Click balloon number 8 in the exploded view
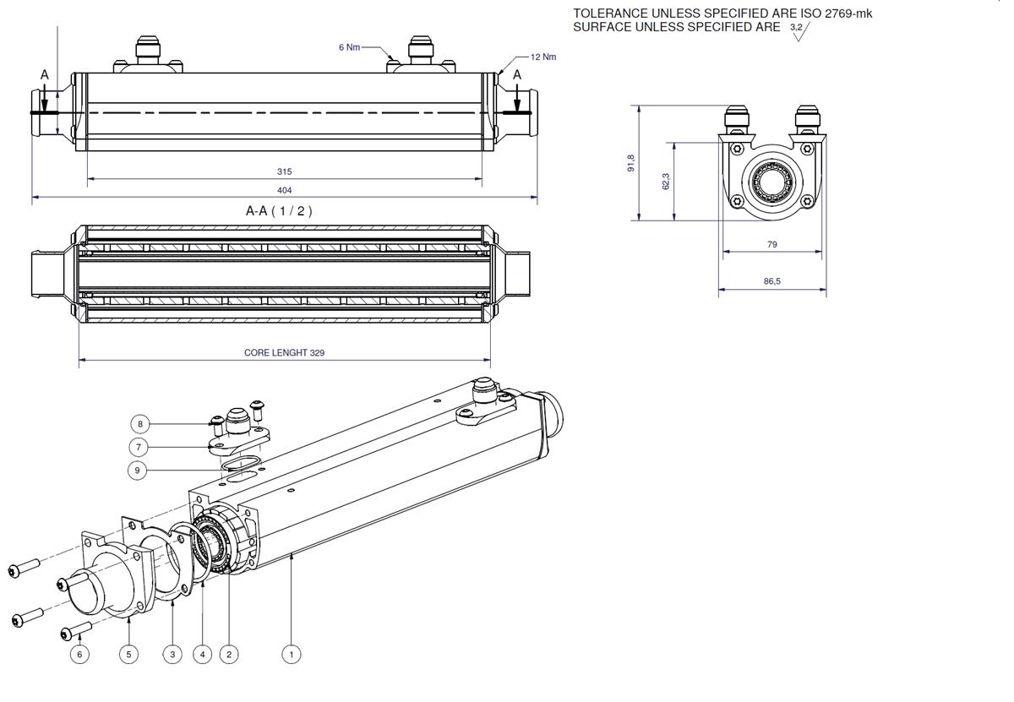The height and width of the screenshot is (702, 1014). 140,424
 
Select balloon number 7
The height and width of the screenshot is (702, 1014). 138,448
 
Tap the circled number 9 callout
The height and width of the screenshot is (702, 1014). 137,471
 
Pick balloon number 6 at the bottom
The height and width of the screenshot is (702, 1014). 79,655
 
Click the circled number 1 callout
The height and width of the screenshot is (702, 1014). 291,655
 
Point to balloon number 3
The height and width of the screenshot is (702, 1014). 172,655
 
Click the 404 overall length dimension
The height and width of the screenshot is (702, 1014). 284,191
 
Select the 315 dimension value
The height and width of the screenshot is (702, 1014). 284,172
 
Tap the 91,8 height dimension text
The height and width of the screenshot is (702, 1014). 631,163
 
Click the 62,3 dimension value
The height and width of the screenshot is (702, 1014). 666,181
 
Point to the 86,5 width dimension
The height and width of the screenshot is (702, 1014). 771,281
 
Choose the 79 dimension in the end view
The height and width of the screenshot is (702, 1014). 771,244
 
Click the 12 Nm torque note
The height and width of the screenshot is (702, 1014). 543,57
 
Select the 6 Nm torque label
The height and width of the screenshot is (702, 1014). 350,47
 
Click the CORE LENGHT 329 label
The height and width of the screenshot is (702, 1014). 284,353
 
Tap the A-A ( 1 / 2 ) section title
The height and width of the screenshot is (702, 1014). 279,211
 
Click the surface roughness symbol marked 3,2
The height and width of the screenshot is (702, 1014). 799,31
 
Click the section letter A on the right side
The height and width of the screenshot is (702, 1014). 517,75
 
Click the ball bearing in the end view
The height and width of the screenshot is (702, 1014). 772,182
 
